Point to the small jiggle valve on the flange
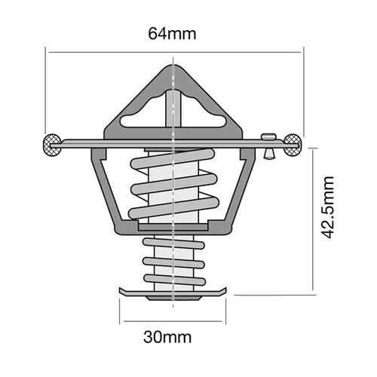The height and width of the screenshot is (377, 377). pyautogui.click(x=268, y=143)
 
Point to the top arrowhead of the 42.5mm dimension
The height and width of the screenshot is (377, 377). pyautogui.click(x=314, y=146)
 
